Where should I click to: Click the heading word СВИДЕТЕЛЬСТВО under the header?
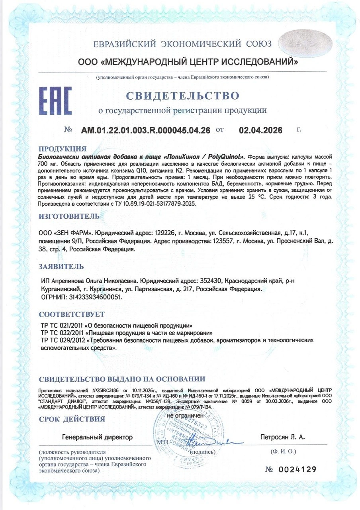point(183,96)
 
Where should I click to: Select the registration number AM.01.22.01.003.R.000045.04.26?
point(146,130)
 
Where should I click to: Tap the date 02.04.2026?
point(260,130)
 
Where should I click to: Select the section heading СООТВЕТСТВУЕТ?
point(72,314)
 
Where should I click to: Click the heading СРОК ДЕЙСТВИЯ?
point(72,419)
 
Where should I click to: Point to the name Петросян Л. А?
point(282,437)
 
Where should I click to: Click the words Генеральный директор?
point(97,437)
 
